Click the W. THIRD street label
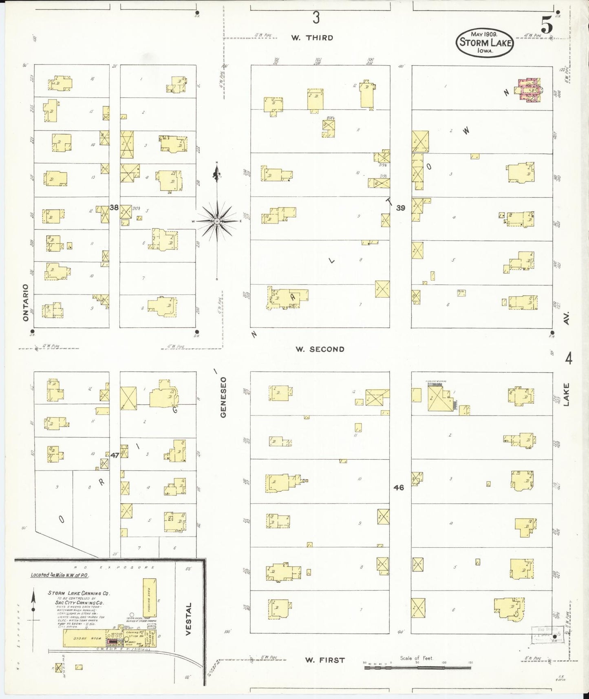click(312, 38)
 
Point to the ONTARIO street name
click(26, 302)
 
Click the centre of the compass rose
click(217, 221)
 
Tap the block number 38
click(114, 208)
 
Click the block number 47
click(115, 455)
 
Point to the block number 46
click(399, 487)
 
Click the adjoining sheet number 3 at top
click(315, 18)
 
